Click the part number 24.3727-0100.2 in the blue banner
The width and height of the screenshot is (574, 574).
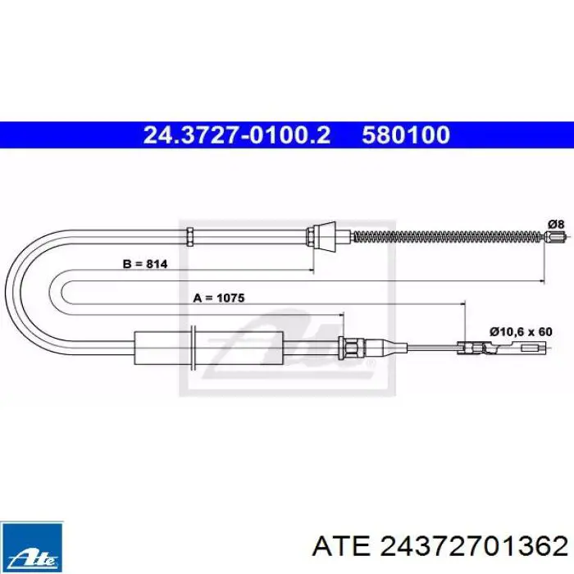tap(237, 134)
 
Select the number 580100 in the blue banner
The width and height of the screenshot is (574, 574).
tap(406, 134)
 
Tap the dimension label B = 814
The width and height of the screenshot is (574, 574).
tap(145, 263)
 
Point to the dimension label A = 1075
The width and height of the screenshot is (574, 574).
tap(219, 298)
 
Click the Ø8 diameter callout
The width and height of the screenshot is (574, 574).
tap(556, 224)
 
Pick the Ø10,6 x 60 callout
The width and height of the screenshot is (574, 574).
tap(521, 331)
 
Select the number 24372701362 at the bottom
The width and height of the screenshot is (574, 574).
tap(474, 547)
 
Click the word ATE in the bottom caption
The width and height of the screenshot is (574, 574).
tap(341, 547)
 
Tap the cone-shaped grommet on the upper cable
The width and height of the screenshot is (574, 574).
tap(326, 236)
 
